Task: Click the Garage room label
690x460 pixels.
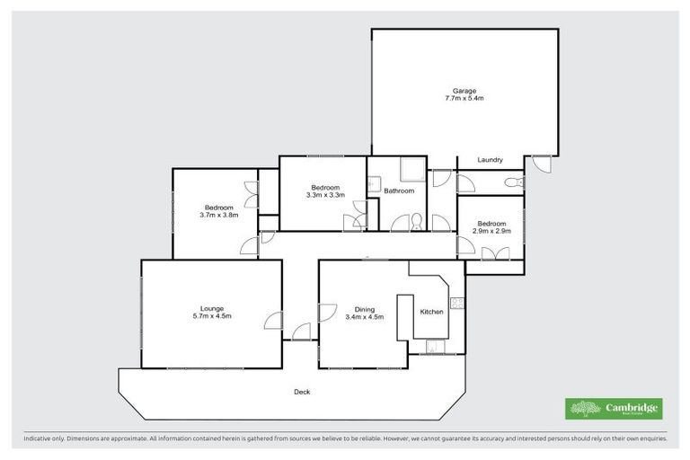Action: [464, 90]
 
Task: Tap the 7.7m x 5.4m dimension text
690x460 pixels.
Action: [464, 98]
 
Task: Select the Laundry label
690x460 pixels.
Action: [490, 160]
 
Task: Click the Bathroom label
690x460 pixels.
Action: [399, 190]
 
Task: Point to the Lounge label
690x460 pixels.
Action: [212, 308]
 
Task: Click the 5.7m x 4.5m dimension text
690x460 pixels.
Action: [212, 316]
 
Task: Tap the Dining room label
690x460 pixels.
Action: [364, 309]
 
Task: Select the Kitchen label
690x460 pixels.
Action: [432, 312]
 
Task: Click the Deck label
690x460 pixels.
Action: [302, 392]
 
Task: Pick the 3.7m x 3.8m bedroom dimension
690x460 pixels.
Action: [218, 216]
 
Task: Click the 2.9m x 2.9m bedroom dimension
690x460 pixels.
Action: [491, 231]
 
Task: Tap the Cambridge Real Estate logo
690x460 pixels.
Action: [614, 409]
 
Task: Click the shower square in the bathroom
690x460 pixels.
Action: [411, 169]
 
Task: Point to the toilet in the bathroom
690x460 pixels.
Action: [416, 222]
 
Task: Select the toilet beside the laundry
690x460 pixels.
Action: [512, 183]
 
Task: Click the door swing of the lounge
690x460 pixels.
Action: [273, 322]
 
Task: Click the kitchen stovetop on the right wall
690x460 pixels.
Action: [456, 303]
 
